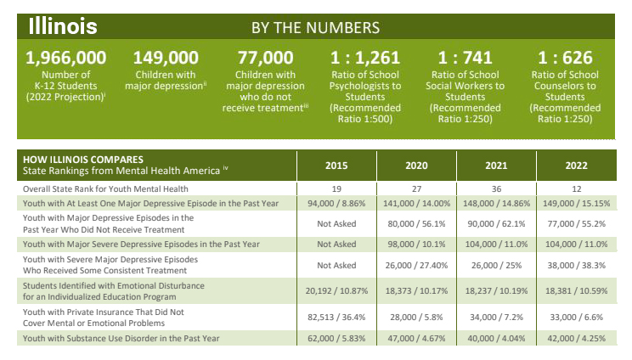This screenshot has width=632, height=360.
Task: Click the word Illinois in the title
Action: coord(63,25)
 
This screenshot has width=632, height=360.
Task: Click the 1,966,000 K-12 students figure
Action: coord(66,59)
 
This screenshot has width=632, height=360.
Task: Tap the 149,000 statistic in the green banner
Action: coord(166,59)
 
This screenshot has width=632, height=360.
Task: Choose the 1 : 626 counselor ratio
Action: coord(567,59)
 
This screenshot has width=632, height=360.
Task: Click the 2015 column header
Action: coord(336,165)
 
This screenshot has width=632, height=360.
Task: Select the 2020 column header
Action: coord(416,165)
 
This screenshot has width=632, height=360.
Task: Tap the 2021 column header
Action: coord(498,165)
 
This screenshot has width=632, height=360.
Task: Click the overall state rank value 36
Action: coord(498,188)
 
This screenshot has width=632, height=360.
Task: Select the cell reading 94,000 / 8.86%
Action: coord(336,205)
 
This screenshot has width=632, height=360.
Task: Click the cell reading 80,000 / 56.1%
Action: coord(416,223)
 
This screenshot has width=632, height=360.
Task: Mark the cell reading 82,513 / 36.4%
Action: coord(336,316)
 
